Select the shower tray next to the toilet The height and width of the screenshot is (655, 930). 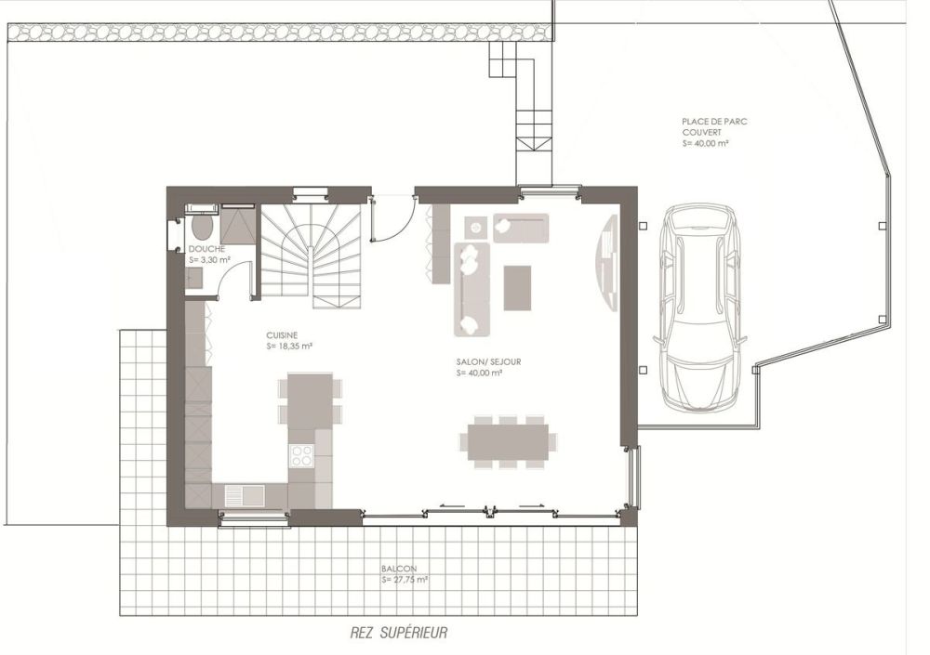pyautogui.click(x=238, y=225)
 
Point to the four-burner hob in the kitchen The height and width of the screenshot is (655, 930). pyautogui.click(x=302, y=454)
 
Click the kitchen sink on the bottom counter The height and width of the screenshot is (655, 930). pyautogui.click(x=241, y=494)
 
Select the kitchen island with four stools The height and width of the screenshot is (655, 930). pyautogui.click(x=311, y=401)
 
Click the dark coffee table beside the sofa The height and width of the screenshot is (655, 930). pyautogui.click(x=517, y=288)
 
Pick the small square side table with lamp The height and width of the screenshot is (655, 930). pyautogui.click(x=475, y=227)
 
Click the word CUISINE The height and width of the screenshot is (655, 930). pyautogui.click(x=282, y=334)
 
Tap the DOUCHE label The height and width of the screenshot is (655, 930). pyautogui.click(x=206, y=250)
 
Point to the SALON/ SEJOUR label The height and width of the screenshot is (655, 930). pyautogui.click(x=479, y=361)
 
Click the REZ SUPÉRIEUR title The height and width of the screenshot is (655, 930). pyautogui.click(x=399, y=633)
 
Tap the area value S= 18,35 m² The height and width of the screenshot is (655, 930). pyautogui.click(x=288, y=346)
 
